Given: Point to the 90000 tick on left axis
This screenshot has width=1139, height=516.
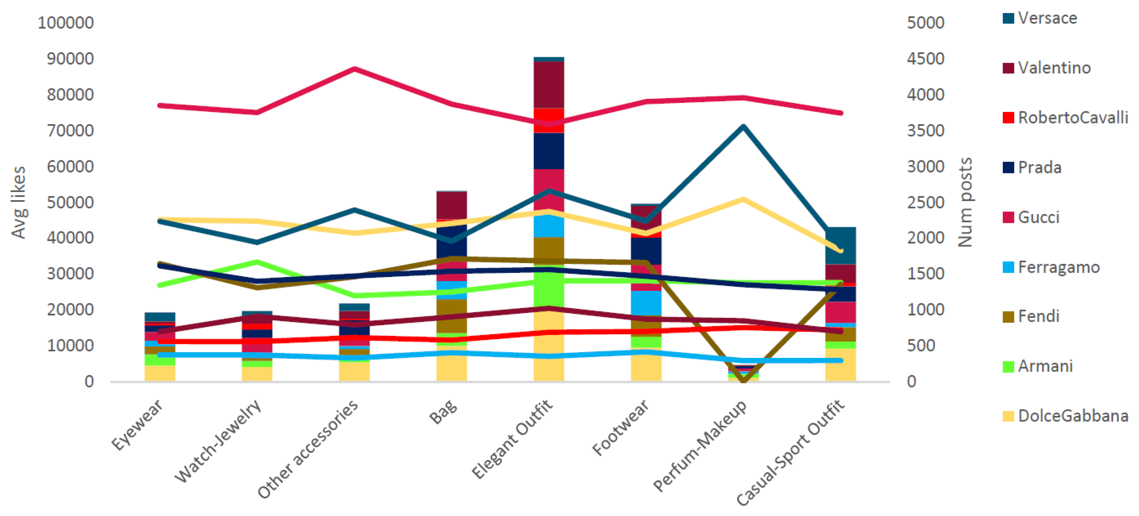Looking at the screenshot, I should pyautogui.click(x=70, y=59).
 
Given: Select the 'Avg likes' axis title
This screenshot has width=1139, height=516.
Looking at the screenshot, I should pyautogui.click(x=18, y=202).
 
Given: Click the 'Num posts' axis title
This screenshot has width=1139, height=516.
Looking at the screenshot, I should pyautogui.click(x=965, y=202).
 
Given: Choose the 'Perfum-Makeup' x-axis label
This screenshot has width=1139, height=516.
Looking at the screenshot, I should pyautogui.click(x=700, y=445).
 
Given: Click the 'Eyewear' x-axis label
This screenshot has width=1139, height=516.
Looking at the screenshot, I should pyautogui.click(x=137, y=425).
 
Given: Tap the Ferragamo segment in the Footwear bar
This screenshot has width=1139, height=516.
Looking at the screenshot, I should pyautogui.click(x=646, y=303).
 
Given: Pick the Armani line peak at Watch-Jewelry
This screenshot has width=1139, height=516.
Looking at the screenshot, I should pyautogui.click(x=257, y=262).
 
